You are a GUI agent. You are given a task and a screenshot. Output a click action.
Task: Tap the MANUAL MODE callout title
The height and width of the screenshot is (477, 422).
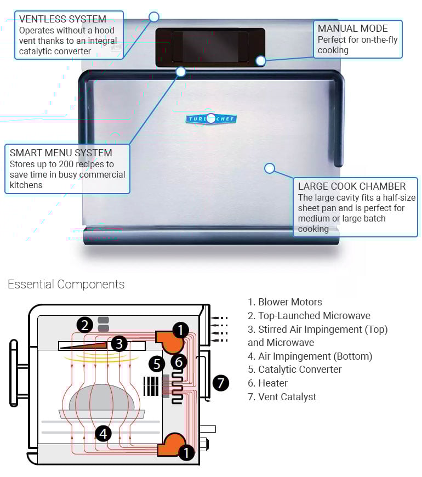click(352, 28)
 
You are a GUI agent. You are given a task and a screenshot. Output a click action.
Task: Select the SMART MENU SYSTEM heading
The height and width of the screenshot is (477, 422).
click(61, 153)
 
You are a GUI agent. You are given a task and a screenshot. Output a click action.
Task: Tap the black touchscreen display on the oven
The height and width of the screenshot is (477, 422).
click(210, 47)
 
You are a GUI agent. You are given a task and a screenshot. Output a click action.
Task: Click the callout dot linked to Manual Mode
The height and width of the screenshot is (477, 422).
click(261, 60)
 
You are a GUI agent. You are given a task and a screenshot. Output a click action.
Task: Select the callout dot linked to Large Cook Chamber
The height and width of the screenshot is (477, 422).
click(269, 168)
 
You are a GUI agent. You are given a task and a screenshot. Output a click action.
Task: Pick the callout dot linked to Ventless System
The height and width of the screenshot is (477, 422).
click(154, 17)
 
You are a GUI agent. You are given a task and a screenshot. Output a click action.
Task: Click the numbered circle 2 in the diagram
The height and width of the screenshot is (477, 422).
click(84, 325)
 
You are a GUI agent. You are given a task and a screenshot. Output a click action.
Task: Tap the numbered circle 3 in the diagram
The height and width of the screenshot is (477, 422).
click(120, 344)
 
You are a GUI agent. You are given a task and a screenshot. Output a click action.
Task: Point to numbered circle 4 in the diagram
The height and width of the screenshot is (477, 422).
click(103, 434)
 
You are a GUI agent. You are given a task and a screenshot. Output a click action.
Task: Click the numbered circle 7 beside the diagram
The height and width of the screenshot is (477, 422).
click(220, 382)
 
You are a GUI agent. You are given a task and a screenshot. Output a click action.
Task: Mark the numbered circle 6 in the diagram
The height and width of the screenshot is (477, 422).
click(179, 361)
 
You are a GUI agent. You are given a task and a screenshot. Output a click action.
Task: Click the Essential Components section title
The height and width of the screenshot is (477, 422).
click(66, 284)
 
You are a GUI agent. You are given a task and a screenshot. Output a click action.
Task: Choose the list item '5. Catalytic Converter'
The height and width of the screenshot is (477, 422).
click(294, 370)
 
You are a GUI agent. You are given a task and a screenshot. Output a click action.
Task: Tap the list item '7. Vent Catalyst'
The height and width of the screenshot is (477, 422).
click(282, 396)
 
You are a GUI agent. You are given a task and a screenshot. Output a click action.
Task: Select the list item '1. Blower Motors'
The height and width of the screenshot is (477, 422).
click(284, 302)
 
